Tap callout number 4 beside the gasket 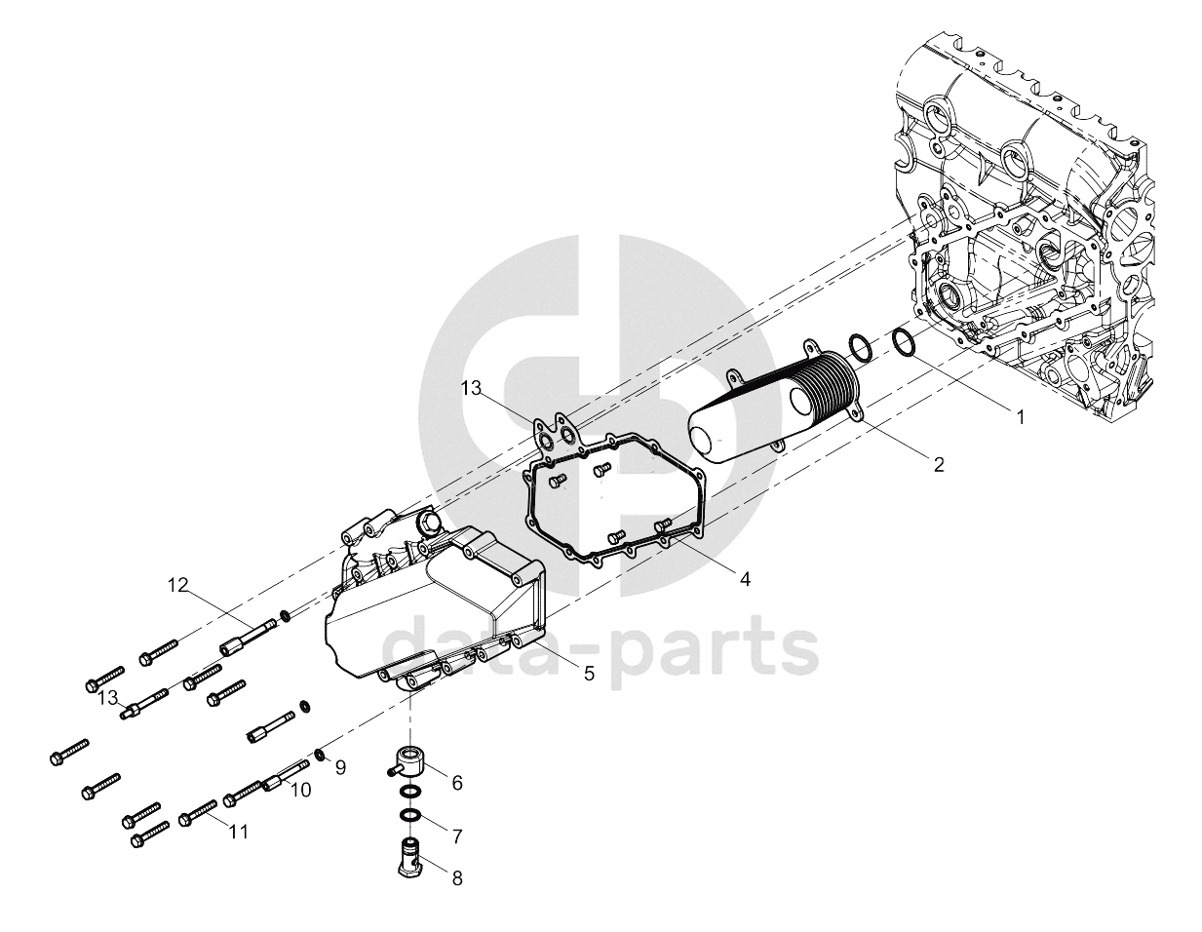tap(745, 579)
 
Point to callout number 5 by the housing tap(589, 673)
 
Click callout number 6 tap(457, 782)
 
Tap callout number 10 tap(301, 790)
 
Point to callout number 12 tap(178, 585)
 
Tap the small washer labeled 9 tap(319, 755)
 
